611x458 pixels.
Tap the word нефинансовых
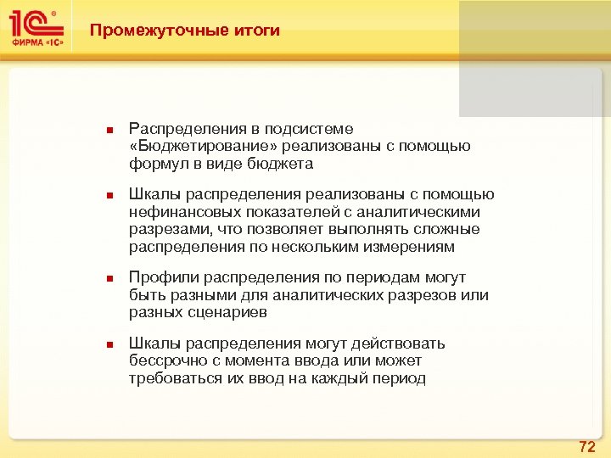[177, 212]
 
